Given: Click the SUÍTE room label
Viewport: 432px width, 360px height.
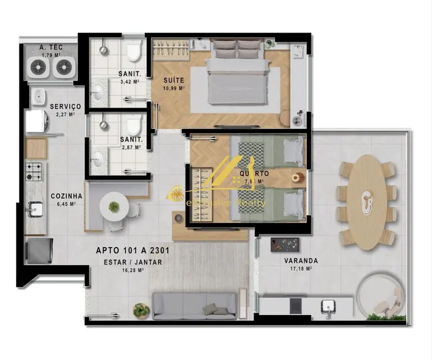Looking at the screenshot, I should click(173, 80).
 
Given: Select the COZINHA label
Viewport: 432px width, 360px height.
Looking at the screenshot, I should click(66, 196).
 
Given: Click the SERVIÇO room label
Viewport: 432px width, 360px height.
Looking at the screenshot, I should click(65, 106).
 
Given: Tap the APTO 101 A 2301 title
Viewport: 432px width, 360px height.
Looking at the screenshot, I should click(133, 250).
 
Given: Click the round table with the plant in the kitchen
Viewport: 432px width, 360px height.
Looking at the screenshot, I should click(114, 207).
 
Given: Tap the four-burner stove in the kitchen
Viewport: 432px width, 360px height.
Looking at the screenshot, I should click(35, 171).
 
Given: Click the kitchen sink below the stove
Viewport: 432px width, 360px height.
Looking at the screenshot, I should click(36, 209).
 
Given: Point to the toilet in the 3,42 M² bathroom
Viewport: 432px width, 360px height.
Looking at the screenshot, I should click(133, 51).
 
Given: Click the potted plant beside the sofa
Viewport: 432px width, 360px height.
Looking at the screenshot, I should click(141, 310).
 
